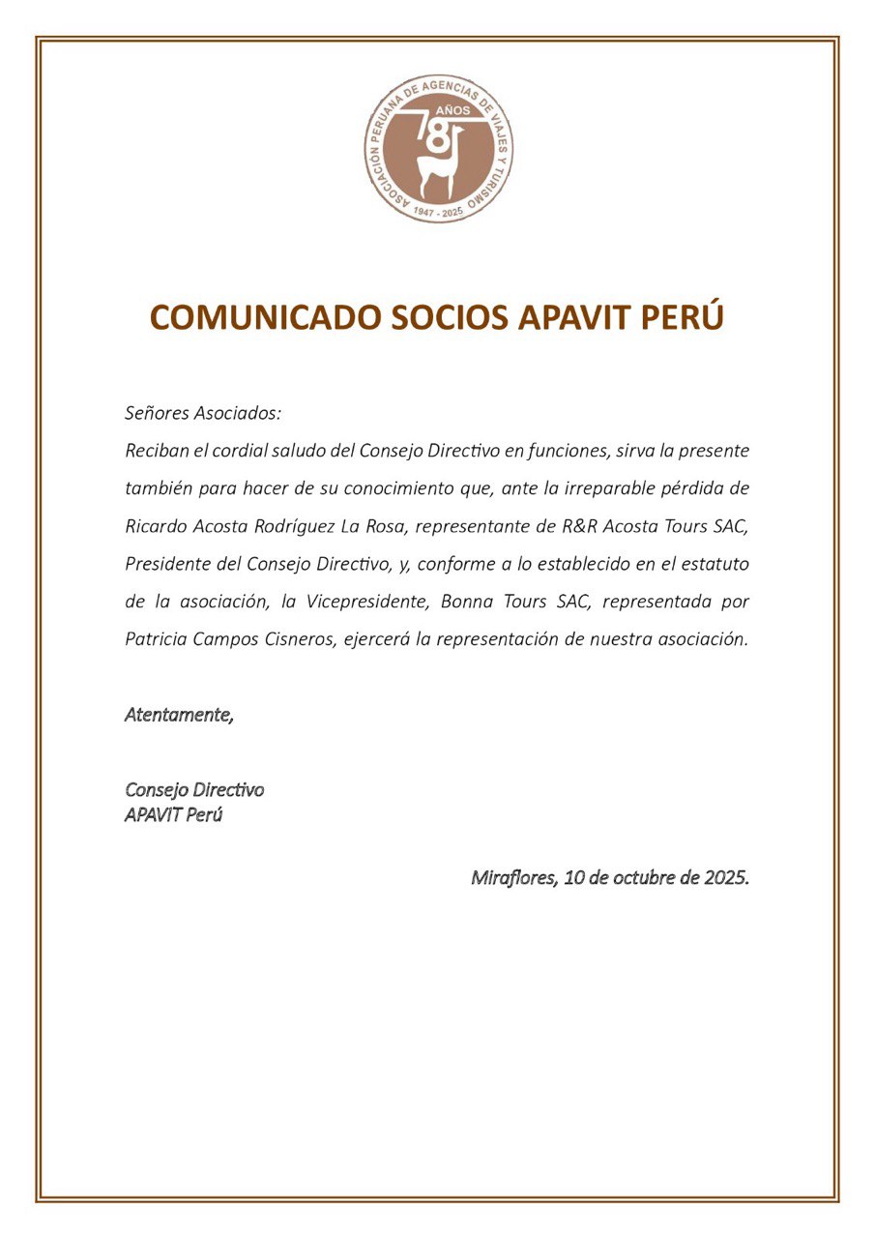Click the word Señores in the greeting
point(154,414)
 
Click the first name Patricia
point(157,639)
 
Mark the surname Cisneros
point(292,639)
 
